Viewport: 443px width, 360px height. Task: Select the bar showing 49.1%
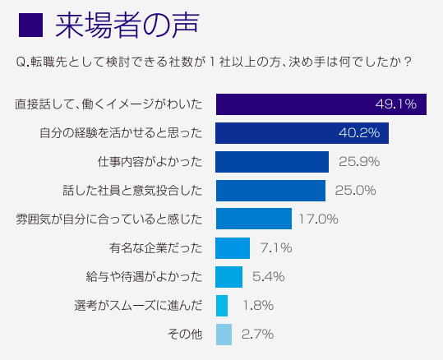[x=321, y=104]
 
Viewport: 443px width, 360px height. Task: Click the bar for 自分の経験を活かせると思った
[x=302, y=133]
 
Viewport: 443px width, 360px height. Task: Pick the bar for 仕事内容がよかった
[x=272, y=162]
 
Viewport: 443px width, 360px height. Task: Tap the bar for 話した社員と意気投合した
[x=270, y=191]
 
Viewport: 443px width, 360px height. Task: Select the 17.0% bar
[x=253, y=219]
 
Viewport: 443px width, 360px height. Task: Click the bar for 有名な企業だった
[x=233, y=247]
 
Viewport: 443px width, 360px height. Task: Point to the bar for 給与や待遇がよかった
[x=228, y=276]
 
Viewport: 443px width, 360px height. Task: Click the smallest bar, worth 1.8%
[x=221, y=305]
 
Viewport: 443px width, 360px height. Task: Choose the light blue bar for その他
[x=224, y=334]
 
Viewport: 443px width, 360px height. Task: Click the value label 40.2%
[x=359, y=133]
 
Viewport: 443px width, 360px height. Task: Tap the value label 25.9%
[x=356, y=162]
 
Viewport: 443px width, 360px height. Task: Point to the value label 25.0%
[x=355, y=191]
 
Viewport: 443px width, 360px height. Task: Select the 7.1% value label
[x=275, y=247]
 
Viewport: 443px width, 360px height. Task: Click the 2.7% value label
[x=257, y=334]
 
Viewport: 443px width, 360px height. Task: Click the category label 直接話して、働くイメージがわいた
[x=108, y=104]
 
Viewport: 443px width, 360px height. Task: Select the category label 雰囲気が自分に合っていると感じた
[x=108, y=219]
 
